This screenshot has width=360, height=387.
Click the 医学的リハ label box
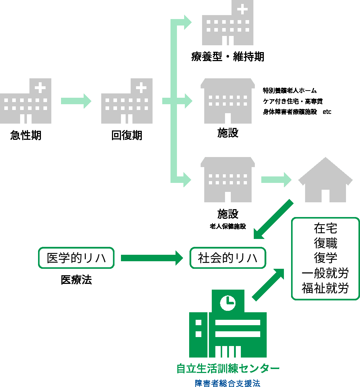pos(76,258)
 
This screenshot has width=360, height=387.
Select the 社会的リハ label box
pos(228,258)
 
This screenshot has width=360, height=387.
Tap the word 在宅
pos(325,228)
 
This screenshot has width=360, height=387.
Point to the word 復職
pos(325,243)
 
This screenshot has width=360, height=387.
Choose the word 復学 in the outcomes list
pos(325,258)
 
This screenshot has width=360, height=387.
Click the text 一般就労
pos(325,273)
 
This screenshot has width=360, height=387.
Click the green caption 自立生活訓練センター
pos(228,368)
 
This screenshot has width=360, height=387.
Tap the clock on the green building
pos(228,302)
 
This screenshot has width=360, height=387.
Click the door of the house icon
pos(325,195)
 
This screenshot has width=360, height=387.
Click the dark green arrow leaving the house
pos(273,220)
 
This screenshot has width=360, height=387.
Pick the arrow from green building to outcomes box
pos(268,284)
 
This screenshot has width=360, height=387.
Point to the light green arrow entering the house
pos(276,180)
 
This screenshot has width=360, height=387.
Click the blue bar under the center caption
pos(228,383)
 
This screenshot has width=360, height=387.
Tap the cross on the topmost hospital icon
pos(243,8)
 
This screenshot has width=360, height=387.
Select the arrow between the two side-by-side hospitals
pos(76,101)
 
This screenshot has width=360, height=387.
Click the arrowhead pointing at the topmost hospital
pos(187,22)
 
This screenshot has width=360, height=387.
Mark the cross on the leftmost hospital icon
pos(41,87)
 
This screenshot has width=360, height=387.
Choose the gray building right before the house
pos(228,180)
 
